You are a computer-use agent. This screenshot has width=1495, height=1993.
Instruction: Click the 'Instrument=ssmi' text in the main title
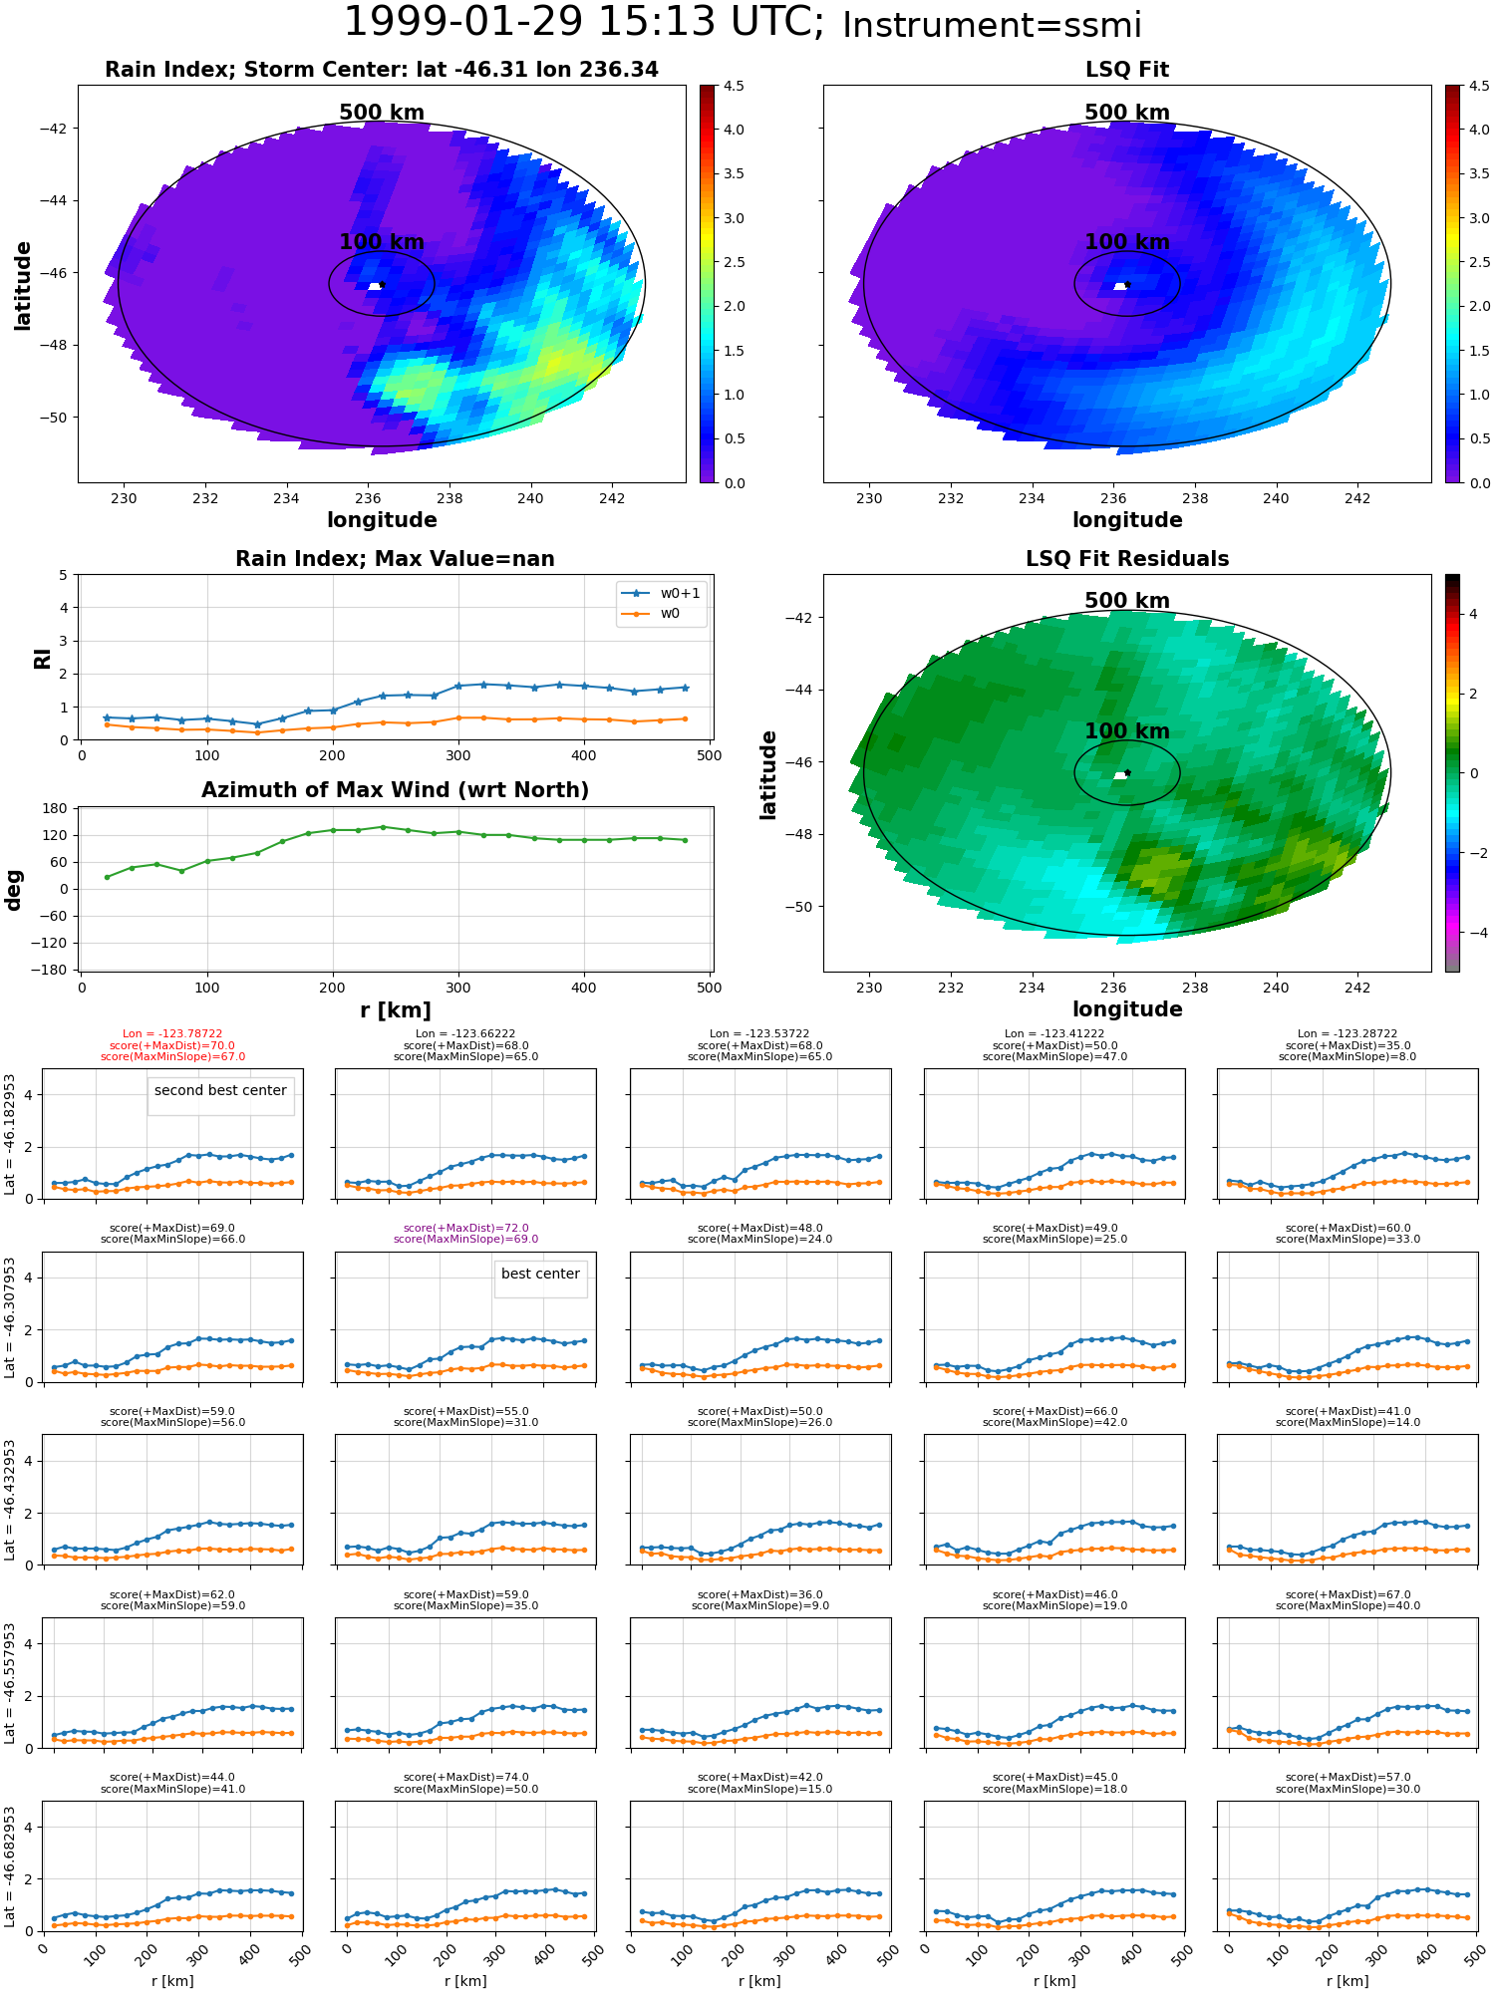[x=991, y=25]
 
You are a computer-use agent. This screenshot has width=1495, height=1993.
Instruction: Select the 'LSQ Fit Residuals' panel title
[x=1126, y=559]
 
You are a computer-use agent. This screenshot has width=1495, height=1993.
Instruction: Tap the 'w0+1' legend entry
[x=680, y=593]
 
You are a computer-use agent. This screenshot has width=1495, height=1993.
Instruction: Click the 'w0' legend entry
[x=670, y=614]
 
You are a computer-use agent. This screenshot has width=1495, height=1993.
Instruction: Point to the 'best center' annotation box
[x=540, y=1275]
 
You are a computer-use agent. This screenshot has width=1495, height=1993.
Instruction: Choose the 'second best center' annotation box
[x=220, y=1091]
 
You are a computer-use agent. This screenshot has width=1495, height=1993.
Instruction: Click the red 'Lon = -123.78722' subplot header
[x=172, y=1034]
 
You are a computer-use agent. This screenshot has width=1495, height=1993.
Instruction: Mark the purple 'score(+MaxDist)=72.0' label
[x=465, y=1229]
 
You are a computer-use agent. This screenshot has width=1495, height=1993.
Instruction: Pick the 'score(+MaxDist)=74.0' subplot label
[x=465, y=1778]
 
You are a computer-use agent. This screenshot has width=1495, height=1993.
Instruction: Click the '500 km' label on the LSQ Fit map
[x=1126, y=113]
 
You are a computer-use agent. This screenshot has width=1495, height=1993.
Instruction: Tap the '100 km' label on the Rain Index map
[x=382, y=242]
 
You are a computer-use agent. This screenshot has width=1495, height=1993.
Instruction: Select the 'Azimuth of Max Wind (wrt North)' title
[x=395, y=790]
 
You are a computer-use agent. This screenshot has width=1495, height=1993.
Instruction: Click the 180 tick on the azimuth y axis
[x=56, y=808]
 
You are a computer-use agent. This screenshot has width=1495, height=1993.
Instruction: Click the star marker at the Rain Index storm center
[x=382, y=285]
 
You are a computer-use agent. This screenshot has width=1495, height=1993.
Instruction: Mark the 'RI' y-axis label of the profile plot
[x=43, y=658]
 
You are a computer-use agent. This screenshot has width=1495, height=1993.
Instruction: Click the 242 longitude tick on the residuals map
[x=1356, y=988]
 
